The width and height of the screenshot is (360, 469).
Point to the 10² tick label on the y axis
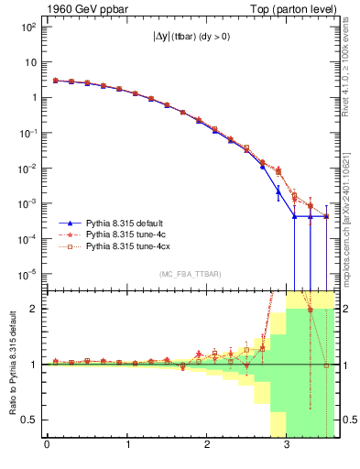point(27,27)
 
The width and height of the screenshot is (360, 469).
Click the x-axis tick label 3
point(287,446)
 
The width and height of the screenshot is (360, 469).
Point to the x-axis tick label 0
point(47,446)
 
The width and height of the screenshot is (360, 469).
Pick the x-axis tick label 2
point(207,446)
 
